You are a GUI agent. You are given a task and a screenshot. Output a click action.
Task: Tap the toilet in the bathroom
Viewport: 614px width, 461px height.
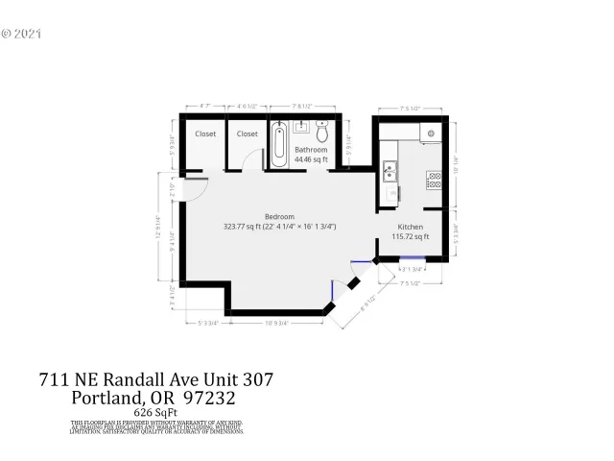(322, 132)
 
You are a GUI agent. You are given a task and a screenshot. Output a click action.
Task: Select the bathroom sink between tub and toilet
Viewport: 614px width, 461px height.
(300, 126)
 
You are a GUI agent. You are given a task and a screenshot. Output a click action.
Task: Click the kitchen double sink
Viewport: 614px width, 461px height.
(390, 173)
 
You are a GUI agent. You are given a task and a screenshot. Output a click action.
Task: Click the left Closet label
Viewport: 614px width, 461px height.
(205, 134)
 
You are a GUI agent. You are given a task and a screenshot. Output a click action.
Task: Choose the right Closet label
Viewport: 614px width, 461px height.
(248, 134)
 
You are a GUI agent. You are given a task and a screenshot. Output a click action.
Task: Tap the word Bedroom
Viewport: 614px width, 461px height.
(279, 217)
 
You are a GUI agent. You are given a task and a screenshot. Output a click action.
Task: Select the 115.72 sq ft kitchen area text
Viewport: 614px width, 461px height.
(413, 236)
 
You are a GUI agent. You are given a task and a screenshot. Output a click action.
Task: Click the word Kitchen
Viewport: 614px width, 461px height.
(411, 227)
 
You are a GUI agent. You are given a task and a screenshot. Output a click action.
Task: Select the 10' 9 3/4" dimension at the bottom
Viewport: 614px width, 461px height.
(279, 323)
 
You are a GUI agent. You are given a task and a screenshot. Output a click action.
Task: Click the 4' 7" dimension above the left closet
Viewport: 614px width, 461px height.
(204, 107)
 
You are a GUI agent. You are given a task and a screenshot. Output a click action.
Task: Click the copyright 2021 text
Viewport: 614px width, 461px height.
(22, 33)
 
